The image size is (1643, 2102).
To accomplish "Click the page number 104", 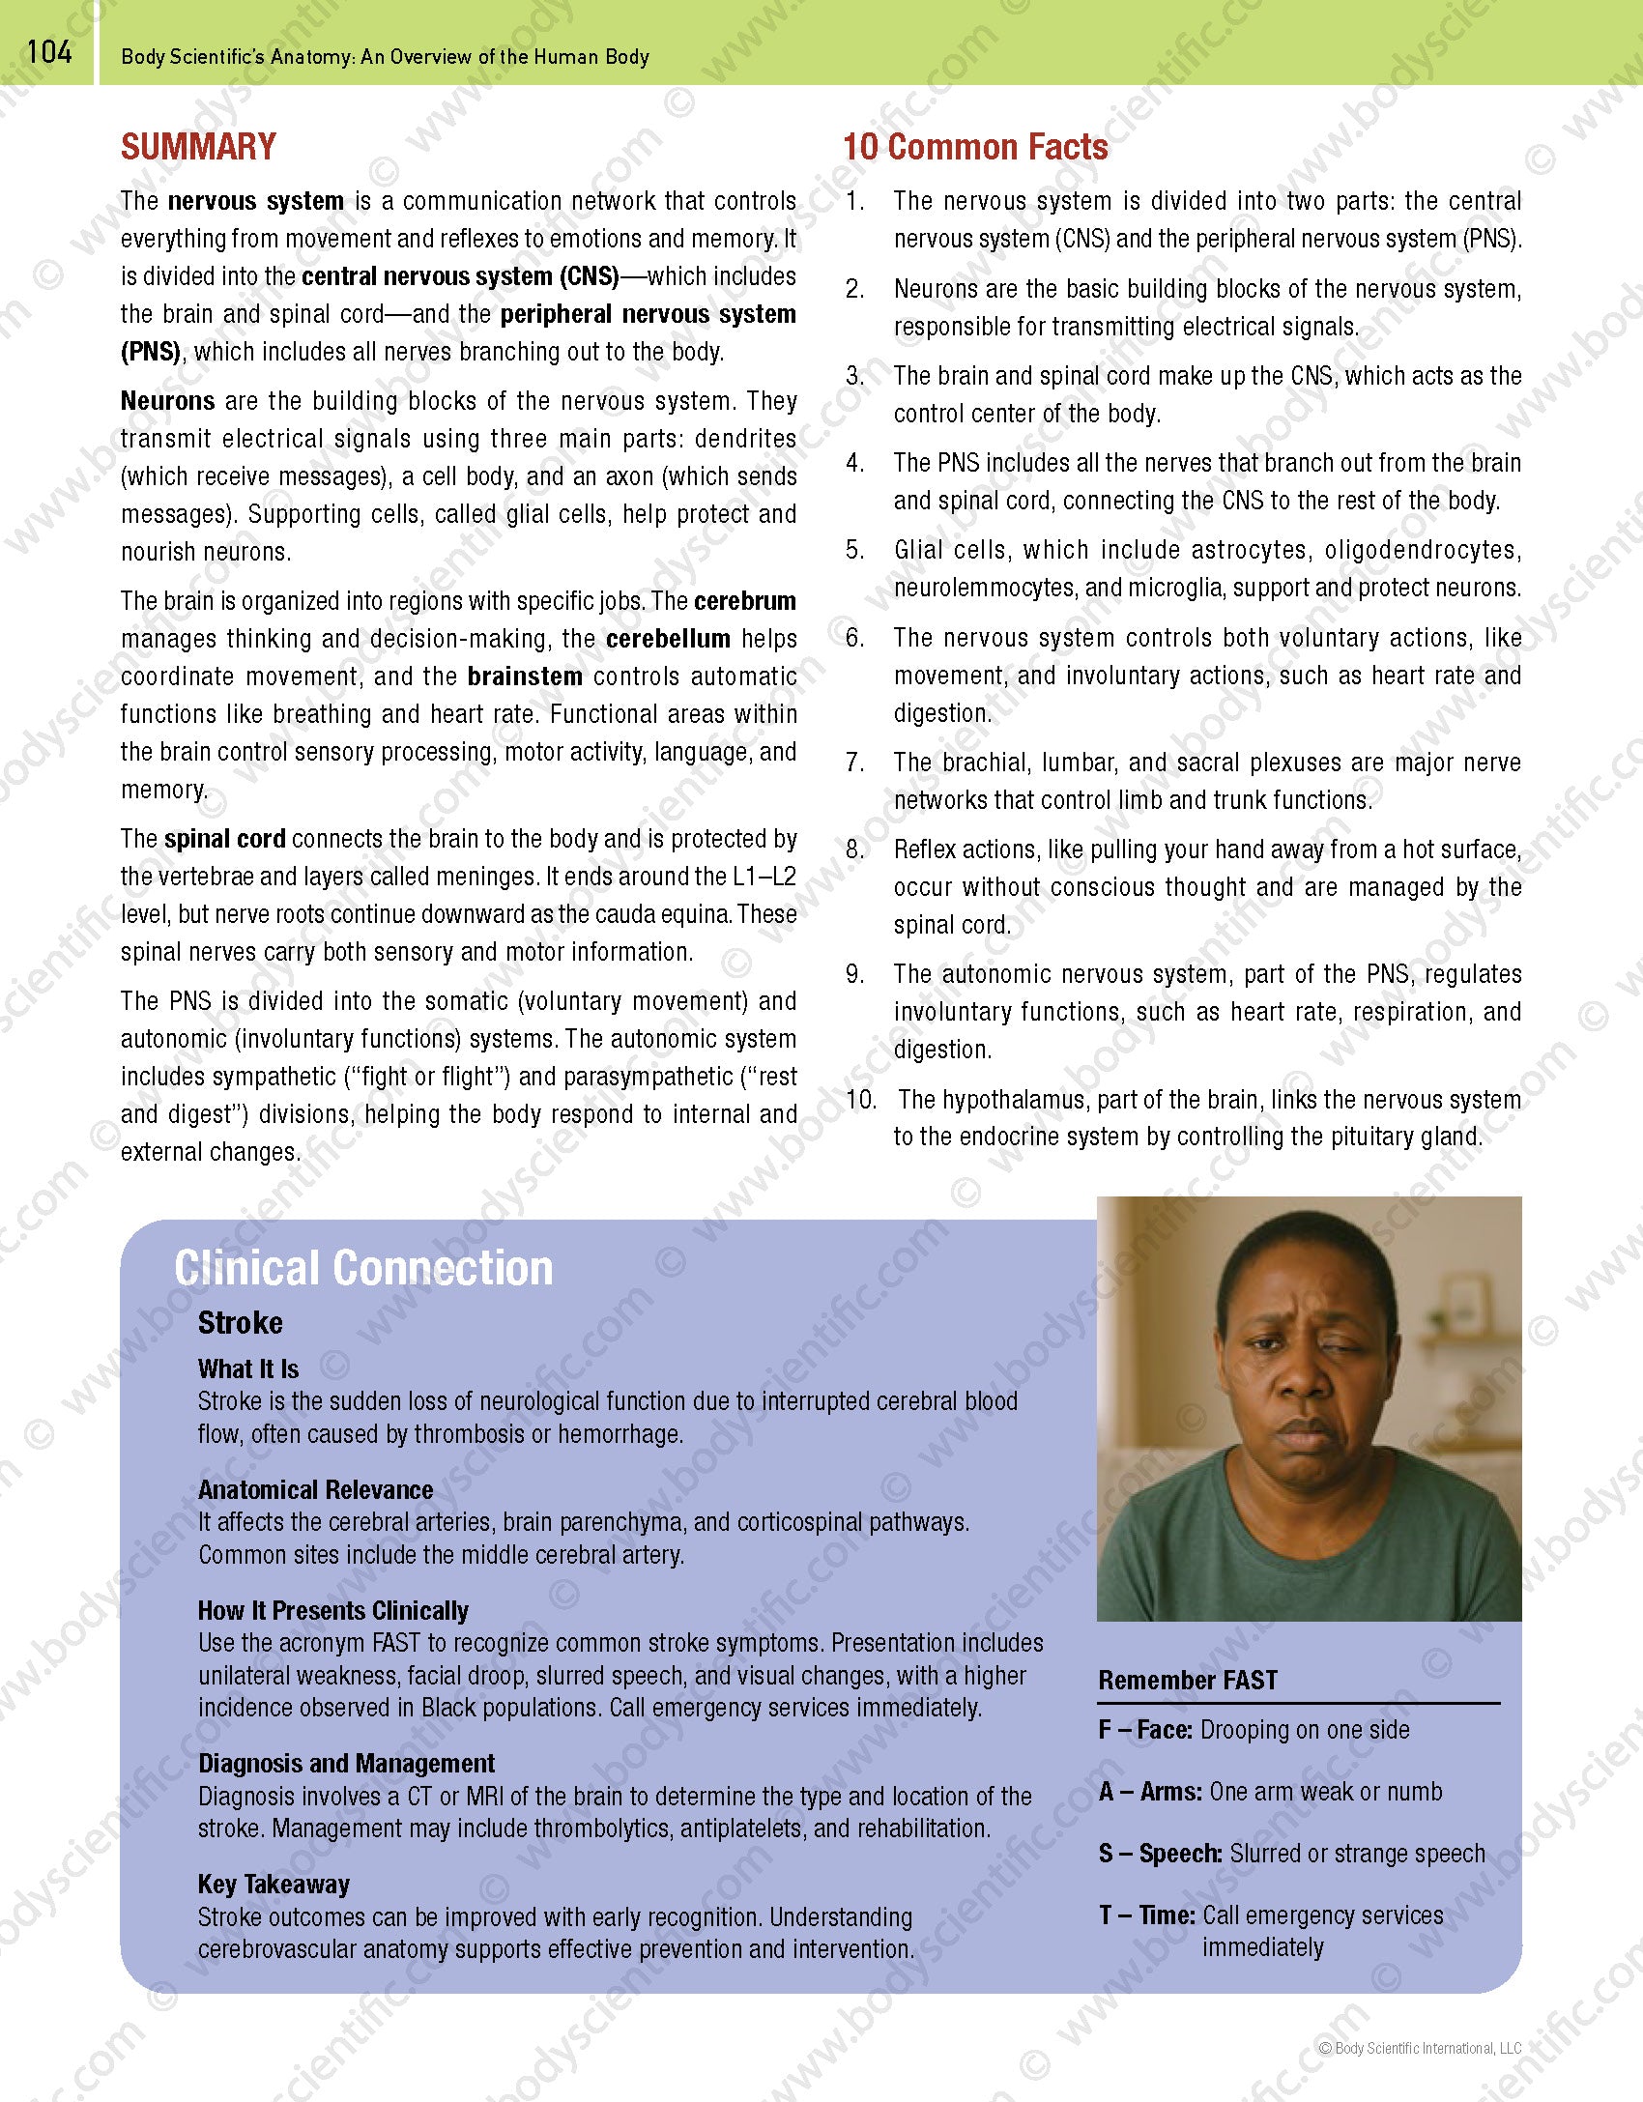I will (49, 51).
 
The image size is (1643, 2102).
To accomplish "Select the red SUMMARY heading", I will (198, 147).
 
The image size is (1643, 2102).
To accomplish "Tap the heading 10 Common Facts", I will (975, 147).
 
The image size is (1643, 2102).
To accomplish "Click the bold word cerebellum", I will (668, 639).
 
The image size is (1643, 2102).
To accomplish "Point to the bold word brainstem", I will (525, 677).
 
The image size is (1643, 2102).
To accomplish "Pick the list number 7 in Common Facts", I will (854, 763).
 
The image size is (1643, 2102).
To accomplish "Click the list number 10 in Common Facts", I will (860, 1099).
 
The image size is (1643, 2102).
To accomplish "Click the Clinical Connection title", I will (363, 1268).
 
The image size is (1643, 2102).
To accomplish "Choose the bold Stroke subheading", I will (241, 1323).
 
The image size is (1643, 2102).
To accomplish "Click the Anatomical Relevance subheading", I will (315, 1489).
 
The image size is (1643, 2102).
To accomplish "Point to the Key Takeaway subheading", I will (274, 1884).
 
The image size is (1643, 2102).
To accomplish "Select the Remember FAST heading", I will (1188, 1680).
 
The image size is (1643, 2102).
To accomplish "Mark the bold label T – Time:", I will (1147, 1915).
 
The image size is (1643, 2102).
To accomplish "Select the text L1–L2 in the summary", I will (764, 877).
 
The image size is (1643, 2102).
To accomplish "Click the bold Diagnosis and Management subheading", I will (346, 1764).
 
